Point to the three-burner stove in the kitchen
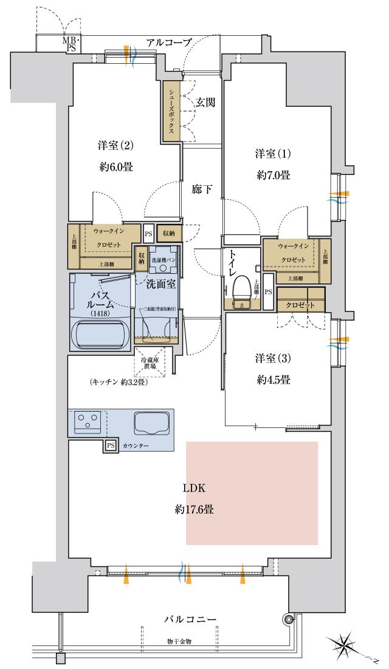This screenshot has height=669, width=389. tap(88, 421)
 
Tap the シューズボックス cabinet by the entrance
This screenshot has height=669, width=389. tap(172, 111)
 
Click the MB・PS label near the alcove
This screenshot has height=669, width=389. tap(71, 44)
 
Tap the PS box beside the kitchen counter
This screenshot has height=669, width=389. tap(110, 446)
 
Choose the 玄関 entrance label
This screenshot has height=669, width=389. tap(205, 103)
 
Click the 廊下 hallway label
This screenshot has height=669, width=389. tap(202, 189)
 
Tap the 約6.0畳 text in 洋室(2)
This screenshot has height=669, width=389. tap(115, 167)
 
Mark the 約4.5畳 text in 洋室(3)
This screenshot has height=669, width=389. tap(272, 380)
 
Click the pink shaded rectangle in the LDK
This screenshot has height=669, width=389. tap(252, 493)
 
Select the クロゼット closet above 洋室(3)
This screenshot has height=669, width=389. tap(300, 305)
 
